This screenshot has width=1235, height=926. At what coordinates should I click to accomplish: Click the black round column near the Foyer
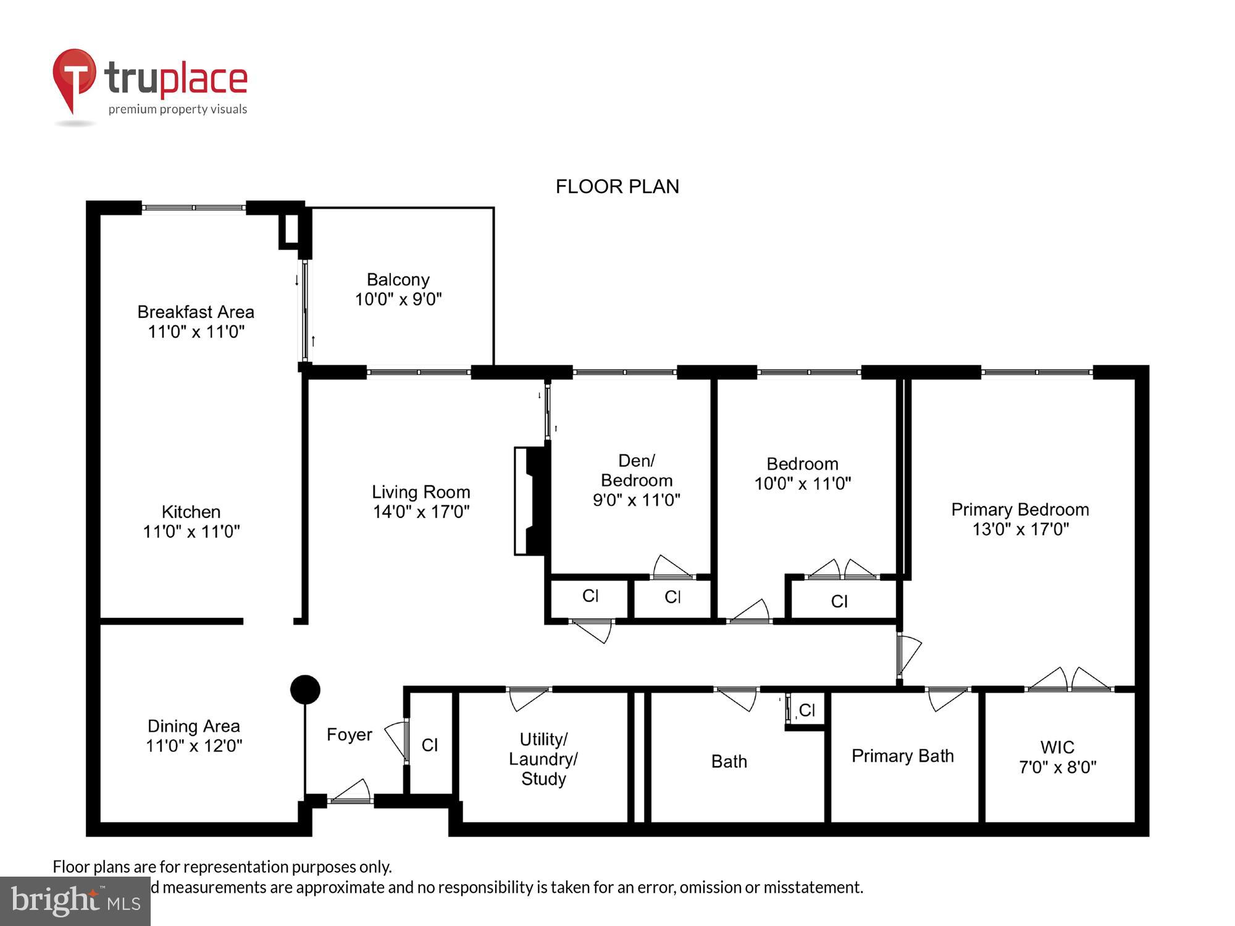pos(305,690)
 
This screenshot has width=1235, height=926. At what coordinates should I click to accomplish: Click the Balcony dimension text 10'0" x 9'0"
pos(398,299)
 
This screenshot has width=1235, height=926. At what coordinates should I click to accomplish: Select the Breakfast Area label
pos(196,312)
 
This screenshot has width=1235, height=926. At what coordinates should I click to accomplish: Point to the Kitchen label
pos(191,512)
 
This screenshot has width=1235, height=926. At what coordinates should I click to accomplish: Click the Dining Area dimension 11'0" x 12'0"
pos(194,746)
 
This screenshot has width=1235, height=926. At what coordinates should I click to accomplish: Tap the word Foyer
pos(349,735)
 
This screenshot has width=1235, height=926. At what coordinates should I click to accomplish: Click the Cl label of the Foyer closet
pos(430,745)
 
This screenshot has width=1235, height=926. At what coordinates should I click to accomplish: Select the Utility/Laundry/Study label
pos(543,759)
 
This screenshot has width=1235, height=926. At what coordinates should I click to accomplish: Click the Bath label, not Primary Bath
pos(729,762)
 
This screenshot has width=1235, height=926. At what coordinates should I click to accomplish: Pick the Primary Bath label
pos(902,756)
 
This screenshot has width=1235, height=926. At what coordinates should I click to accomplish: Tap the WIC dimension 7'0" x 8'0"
pos(1057,767)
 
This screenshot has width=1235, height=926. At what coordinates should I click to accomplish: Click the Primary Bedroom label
pos(1019,510)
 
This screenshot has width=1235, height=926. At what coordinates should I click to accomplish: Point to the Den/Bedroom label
pos(637,470)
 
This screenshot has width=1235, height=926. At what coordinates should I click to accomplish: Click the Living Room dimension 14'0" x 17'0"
pos(421,512)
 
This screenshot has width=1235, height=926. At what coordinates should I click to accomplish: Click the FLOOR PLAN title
pos(617,186)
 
